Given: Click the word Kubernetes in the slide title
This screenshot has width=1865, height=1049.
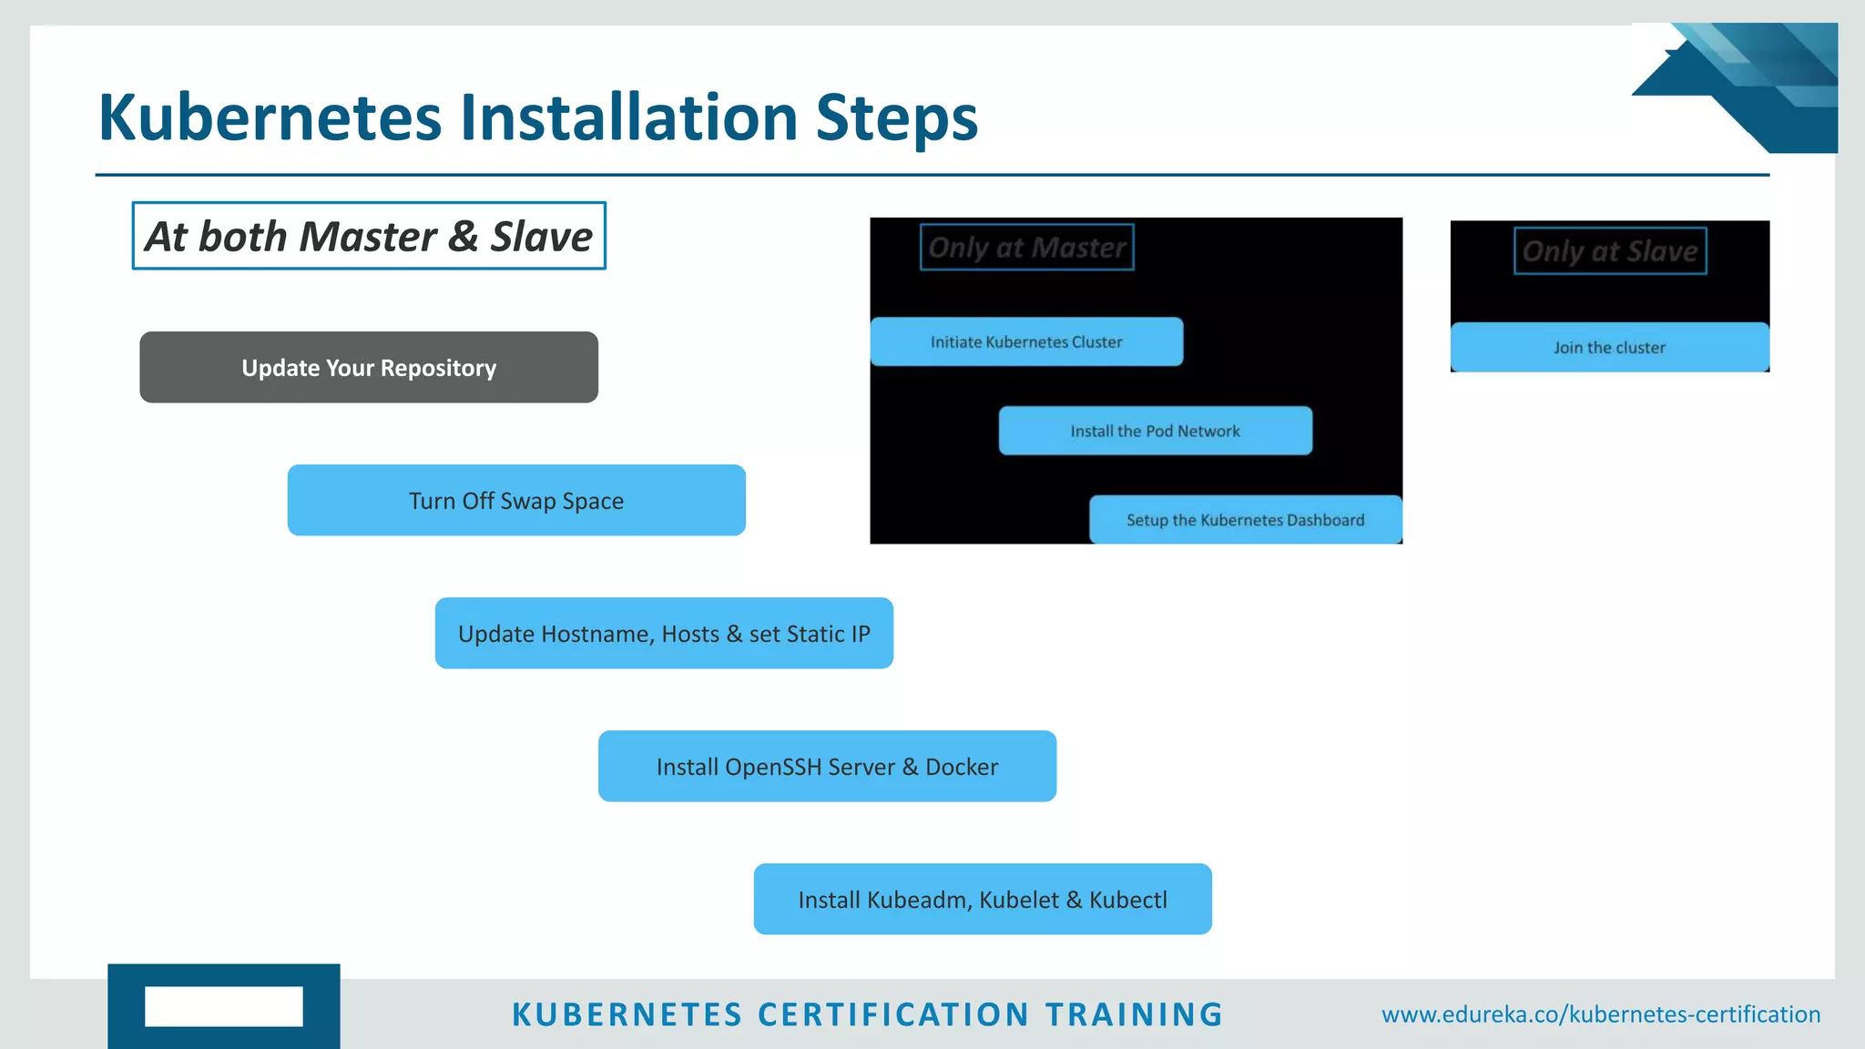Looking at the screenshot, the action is coord(270,118).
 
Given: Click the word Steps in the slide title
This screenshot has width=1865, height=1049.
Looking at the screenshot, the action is coord(896,118).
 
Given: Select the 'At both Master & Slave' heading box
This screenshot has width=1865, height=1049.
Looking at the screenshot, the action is coord(369,236).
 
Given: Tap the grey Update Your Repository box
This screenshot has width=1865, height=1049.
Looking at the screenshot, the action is coord(369,368).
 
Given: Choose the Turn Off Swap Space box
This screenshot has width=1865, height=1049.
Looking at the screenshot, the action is coord(516,501).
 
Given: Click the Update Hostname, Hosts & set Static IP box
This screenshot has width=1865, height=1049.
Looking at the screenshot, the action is coord(664,634).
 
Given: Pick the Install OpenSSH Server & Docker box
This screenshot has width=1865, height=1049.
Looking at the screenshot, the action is coord(827,767).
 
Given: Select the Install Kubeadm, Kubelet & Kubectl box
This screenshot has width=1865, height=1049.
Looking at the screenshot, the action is coord(983,900).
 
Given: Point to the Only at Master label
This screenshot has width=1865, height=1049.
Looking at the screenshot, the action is coord(1026,248).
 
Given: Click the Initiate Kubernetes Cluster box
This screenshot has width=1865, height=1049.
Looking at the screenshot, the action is coord(1026,342).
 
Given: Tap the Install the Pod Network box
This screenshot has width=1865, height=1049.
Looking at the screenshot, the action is coord(1155,432).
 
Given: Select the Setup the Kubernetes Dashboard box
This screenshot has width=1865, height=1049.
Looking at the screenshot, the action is coord(1245,520).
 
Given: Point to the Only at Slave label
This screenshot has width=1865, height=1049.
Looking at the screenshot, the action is coord(1610,251).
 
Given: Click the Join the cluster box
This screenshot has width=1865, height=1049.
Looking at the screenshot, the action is coord(1609,348).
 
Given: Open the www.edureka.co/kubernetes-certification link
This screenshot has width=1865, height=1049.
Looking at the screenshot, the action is coord(1601,1014).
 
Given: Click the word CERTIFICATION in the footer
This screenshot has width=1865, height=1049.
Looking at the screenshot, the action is coord(893,1014).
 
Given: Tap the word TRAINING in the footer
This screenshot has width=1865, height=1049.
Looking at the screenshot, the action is coord(1134,1014).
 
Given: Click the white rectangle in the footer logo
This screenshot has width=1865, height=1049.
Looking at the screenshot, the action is coord(223,1006).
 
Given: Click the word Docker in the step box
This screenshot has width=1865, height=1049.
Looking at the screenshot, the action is coord(961,767).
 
